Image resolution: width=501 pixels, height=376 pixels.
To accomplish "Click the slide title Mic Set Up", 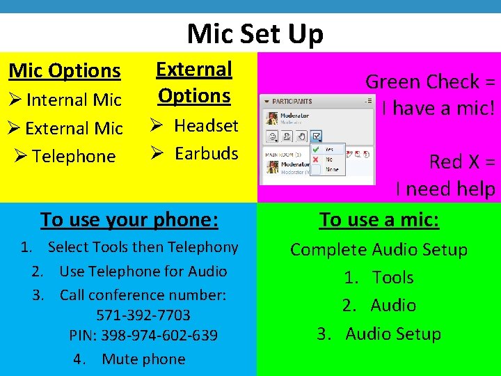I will pos(255,33).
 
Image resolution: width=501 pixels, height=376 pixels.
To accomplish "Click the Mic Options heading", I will pos(65,70).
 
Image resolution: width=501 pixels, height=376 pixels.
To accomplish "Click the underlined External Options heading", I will pos(194,82).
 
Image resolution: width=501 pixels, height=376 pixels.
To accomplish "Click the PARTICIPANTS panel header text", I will pos(292,102).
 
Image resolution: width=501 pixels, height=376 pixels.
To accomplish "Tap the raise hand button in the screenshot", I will pos(303,136).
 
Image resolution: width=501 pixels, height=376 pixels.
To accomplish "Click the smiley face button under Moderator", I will pos(273,136).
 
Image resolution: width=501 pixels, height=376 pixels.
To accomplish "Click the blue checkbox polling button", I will pos(317,136).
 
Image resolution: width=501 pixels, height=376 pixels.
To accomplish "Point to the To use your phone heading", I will pos(129,219).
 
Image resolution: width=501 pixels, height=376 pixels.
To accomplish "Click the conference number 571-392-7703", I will pos(143,315).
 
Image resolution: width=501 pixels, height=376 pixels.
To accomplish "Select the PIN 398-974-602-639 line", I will pos(143,336).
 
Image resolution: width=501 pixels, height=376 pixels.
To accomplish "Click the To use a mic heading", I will pos(379,219).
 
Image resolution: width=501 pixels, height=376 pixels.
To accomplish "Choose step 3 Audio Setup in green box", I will pos(379,334).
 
